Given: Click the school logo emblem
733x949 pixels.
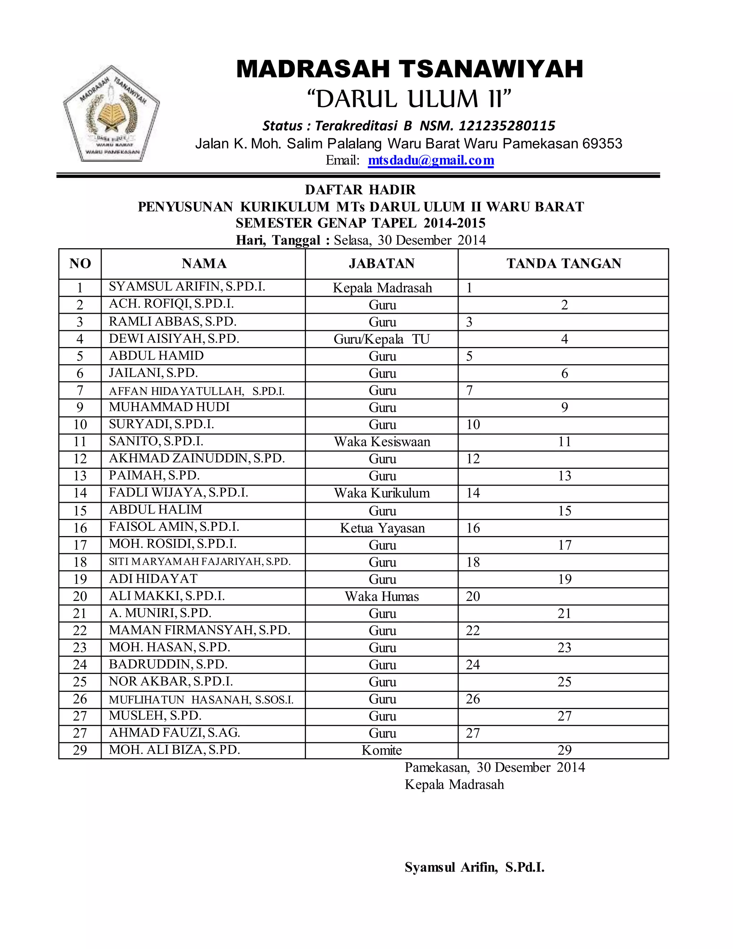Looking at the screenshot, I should pyautogui.click(x=112, y=114).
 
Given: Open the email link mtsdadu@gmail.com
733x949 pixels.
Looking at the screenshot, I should pyautogui.click(x=431, y=160).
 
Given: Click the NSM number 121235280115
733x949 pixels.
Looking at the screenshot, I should pyautogui.click(x=507, y=126).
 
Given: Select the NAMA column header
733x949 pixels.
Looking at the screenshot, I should pyautogui.click(x=204, y=263).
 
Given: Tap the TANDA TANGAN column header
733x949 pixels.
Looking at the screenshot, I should pyautogui.click(x=564, y=263).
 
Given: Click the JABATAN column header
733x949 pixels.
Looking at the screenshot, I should pyautogui.click(x=382, y=263).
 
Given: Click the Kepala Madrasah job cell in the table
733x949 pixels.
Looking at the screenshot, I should pyautogui.click(x=382, y=288).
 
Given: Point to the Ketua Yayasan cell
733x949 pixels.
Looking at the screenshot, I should pyautogui.click(x=382, y=528).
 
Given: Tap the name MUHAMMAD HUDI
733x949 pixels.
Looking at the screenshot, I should pyautogui.click(x=169, y=407).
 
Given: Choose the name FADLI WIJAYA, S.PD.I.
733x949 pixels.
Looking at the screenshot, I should pyautogui.click(x=179, y=492).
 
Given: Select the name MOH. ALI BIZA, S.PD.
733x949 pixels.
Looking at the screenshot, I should pyautogui.click(x=174, y=750).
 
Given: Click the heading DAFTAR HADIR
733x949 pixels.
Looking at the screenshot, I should pyautogui.click(x=360, y=190).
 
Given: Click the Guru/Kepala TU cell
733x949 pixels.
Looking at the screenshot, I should pyautogui.click(x=382, y=339).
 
